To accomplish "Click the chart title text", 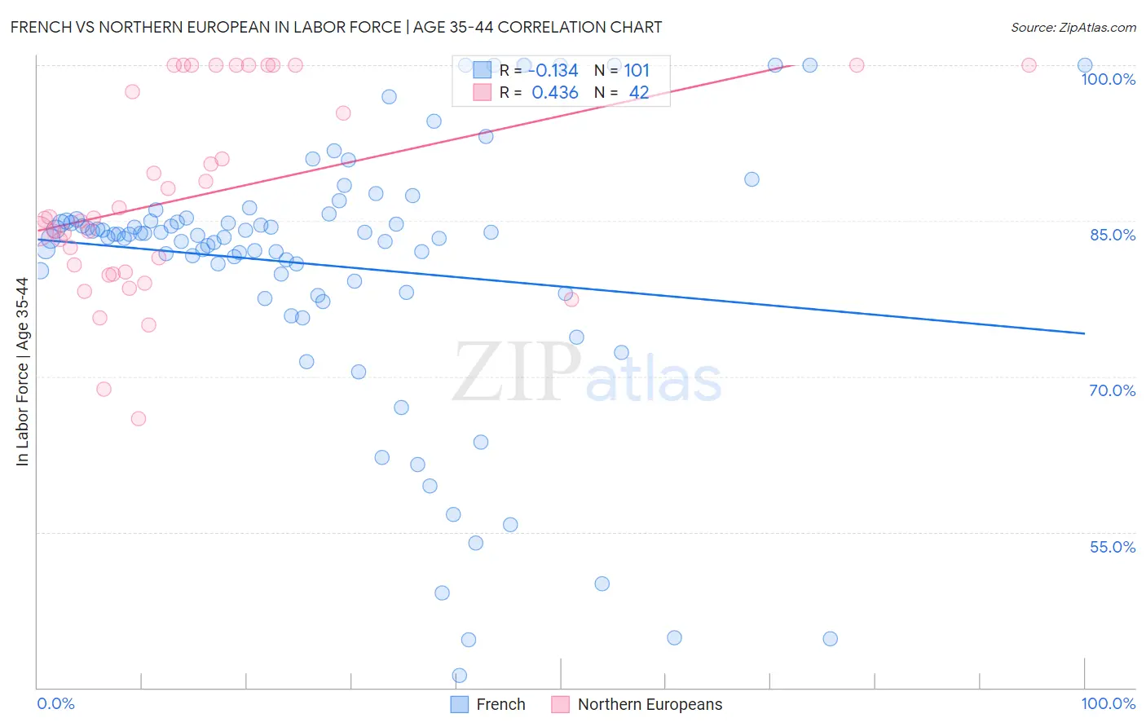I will coord(336,27).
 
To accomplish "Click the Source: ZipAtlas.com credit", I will coord(1073,27).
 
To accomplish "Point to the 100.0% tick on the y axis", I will coord(1108,79).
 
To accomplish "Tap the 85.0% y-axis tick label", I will coord(1113,235).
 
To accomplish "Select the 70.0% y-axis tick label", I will coord(1113,390).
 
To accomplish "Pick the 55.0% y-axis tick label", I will coord(1113,547).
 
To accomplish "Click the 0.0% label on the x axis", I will coord(55,703).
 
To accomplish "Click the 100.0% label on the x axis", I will coord(1108,703).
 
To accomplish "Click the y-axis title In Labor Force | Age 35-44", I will coord(22,372).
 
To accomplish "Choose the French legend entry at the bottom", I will coord(489,704).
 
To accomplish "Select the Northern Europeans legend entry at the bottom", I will coord(638,704).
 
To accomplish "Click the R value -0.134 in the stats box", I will coord(555,71).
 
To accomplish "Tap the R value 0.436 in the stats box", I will coord(555,93).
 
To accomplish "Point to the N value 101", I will coord(637,71).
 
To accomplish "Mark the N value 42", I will coord(639,93).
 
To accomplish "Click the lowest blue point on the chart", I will coord(460,676).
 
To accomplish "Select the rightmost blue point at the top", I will coord(1085,65).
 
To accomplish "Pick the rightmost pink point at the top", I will coord(1029,65).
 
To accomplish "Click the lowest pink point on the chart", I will coord(139,419).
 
